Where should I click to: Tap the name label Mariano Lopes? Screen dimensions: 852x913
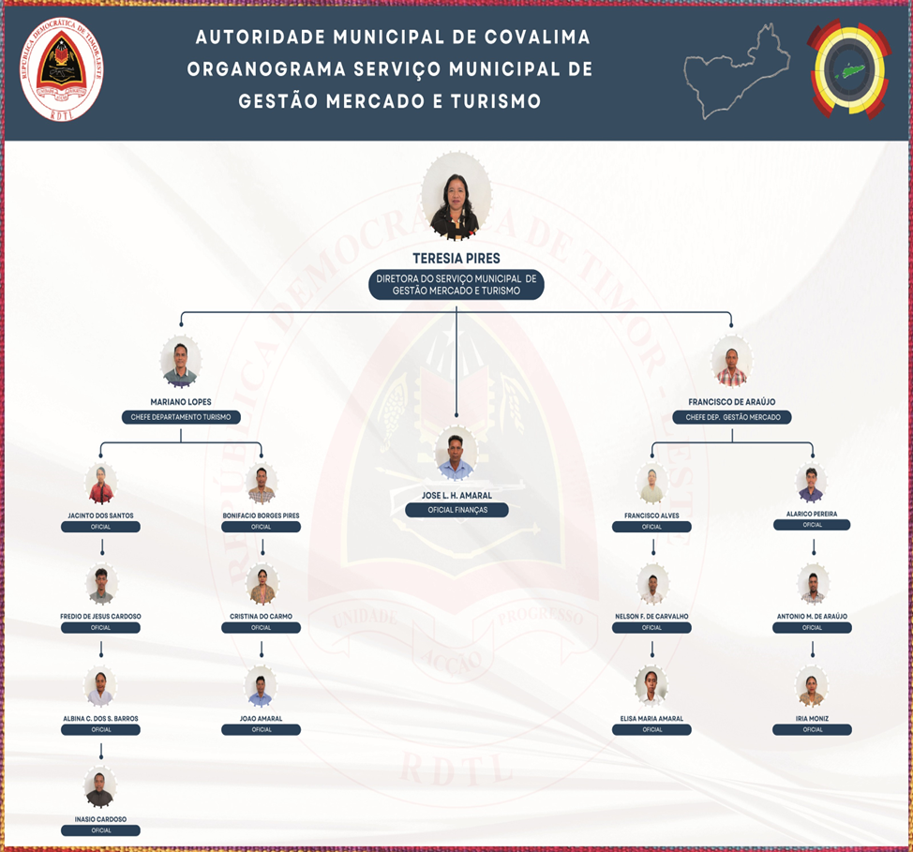pos(181,402)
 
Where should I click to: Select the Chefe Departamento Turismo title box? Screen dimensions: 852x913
pos(181,417)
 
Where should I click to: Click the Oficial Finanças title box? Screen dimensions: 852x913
pos(456,510)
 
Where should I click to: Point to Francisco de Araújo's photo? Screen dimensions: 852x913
pos(731,362)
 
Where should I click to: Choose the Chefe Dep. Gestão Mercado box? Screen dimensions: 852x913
pos(732,417)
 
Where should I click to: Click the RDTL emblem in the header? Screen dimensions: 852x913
pos(62,69)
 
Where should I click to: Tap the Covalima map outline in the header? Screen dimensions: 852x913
pos(737,71)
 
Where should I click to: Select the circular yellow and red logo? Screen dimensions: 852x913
pos(849,69)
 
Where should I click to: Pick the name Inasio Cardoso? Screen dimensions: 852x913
pos(100,819)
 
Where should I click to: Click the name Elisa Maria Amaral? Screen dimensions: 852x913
pos(651,719)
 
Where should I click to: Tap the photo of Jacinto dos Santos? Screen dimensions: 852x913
pos(100,486)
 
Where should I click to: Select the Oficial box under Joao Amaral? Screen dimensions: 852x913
pos(261,730)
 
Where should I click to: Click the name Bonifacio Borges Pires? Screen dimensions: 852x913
pos(261,516)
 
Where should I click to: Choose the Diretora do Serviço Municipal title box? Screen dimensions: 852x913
pos(456,285)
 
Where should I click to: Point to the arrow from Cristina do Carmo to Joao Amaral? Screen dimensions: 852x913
pos(262,649)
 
